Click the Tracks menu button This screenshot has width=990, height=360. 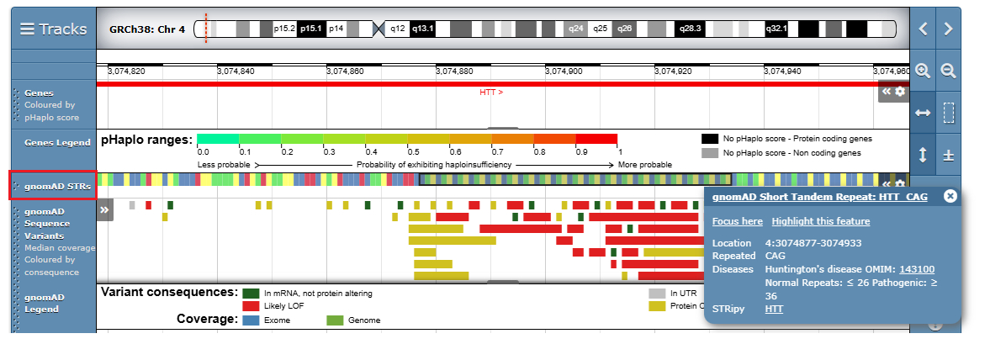pos(53,29)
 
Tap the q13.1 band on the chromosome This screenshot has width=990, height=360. pos(422,29)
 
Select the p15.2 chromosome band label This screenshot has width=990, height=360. pos(284,29)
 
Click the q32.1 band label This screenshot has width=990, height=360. pos(776,29)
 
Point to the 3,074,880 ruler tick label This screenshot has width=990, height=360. pos(454,71)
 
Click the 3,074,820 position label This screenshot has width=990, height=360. pos(126,71)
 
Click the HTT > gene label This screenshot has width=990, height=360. pos(491,92)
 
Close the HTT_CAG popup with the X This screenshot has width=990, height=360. pos(950,196)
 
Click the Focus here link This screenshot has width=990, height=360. pos(738,221)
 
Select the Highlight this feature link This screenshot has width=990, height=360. pos(820,221)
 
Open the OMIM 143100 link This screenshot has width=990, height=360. pos(916,269)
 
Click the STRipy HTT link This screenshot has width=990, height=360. pos(774,310)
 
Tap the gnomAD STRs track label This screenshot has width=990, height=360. pos(58,185)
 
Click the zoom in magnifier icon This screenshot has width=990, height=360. pos(923,71)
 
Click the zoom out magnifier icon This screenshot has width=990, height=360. pos(949,71)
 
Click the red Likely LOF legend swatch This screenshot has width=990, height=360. pos(251,305)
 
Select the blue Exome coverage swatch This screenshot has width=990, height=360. pos(251,320)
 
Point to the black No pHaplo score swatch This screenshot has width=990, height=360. pos(710,138)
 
